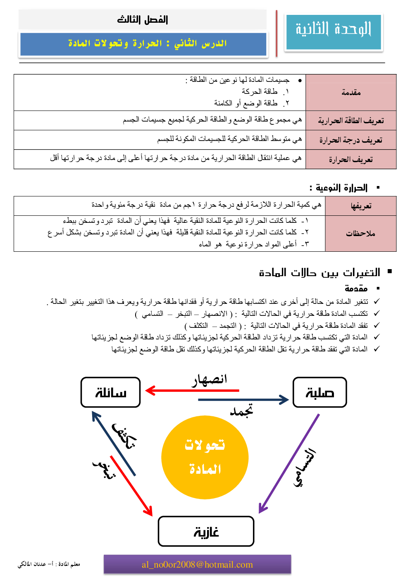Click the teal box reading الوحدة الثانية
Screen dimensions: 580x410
click(334, 32)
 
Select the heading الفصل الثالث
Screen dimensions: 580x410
click(143, 19)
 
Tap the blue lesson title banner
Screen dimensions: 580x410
click(143, 43)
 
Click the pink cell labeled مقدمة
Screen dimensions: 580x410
click(351, 93)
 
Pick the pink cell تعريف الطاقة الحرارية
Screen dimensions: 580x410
click(351, 121)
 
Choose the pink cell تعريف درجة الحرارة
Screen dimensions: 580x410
click(351, 140)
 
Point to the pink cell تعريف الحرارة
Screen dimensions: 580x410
click(351, 159)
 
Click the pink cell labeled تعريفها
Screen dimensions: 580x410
click(361, 206)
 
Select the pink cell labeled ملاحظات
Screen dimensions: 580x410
click(361, 234)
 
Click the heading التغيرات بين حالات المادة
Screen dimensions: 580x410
click(319, 273)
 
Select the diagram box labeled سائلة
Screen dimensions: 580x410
click(111, 392)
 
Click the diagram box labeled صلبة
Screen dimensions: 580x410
click(319, 392)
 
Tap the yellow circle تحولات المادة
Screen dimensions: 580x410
click(205, 458)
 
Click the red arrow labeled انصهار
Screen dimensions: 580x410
click(192, 390)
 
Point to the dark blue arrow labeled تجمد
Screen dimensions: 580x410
click(243, 400)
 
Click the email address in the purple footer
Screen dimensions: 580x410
click(197, 565)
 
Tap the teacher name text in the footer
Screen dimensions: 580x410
click(49, 564)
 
